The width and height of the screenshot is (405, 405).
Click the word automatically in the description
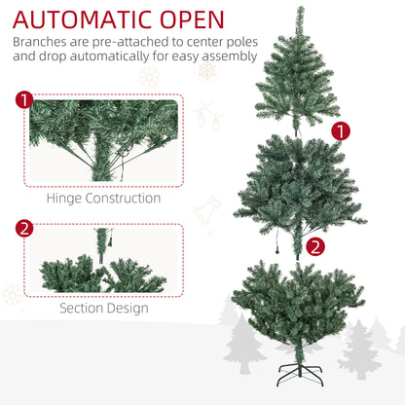[119, 56]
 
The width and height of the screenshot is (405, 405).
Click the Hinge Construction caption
[103, 198]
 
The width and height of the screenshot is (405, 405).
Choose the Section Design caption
[103, 308]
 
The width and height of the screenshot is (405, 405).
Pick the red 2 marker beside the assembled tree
[314, 246]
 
